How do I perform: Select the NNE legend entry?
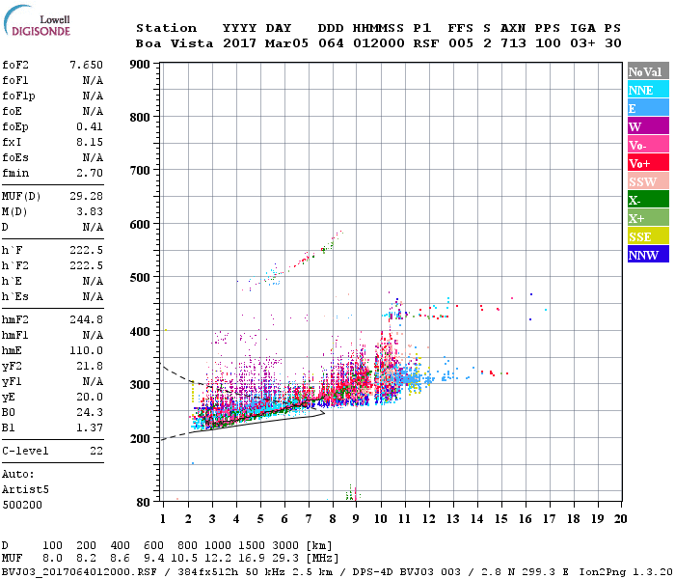(647, 90)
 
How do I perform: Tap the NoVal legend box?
(647, 71)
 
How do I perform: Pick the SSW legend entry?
(647, 181)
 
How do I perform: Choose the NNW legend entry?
(647, 255)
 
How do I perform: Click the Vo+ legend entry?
(647, 163)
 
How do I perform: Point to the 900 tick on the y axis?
(141, 65)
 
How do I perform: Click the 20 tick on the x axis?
(620, 518)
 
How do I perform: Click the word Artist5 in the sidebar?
(21, 489)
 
